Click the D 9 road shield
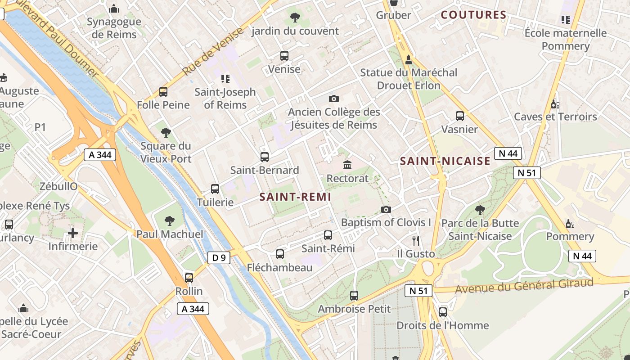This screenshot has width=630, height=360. click(x=219, y=258)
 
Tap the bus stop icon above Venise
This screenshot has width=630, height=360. click(x=284, y=56)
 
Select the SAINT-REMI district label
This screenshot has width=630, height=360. click(x=295, y=197)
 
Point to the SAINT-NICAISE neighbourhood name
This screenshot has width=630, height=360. click(x=445, y=161)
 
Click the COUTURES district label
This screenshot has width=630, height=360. click(x=473, y=15)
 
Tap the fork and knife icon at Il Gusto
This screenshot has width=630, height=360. click(x=416, y=240)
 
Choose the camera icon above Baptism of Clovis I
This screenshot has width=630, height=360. click(x=386, y=209)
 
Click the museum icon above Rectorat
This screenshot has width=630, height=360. click(x=347, y=165)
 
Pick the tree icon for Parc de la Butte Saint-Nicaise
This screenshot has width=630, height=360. click(x=480, y=210)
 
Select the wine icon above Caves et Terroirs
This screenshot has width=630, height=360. click(x=555, y=104)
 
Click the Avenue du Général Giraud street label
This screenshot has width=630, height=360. click(x=524, y=285)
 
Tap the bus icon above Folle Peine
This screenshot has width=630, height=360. click(x=163, y=92)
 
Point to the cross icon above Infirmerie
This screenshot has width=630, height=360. click(x=73, y=233)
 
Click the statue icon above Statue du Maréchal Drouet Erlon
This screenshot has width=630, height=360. click(x=409, y=59)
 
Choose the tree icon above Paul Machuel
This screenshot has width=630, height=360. click(x=170, y=220)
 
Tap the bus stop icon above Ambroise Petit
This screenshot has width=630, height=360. click(x=354, y=296)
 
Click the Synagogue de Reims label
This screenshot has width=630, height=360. click(x=114, y=28)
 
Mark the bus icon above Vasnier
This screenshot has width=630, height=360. click(x=459, y=116)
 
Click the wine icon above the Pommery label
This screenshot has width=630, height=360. click(x=570, y=224)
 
